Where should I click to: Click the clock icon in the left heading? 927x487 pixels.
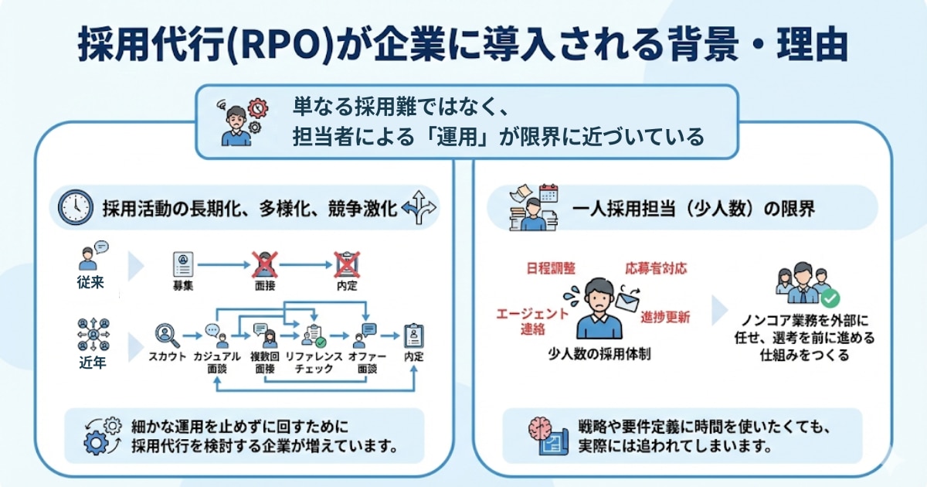76,207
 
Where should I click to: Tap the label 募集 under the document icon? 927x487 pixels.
183,285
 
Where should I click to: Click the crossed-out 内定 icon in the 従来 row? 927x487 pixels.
346,264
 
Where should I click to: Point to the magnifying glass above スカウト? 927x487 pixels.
166,334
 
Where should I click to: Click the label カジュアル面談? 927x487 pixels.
216,363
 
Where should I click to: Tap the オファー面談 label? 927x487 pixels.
367,363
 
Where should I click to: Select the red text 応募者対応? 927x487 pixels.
656,268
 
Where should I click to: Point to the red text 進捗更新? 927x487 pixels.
665,318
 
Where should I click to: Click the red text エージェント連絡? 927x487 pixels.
532,321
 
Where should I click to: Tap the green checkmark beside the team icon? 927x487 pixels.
830,297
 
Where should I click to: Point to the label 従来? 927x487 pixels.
91,282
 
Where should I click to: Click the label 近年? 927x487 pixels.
91,363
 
